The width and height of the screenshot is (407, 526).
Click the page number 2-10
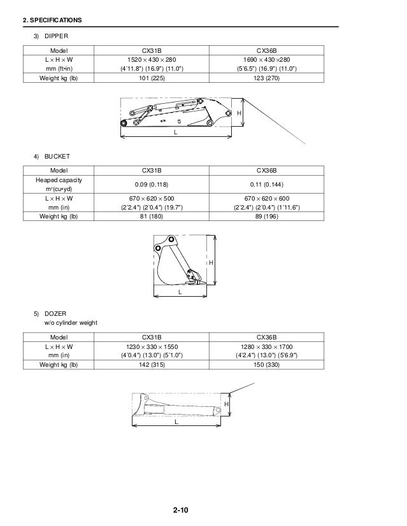(180, 510)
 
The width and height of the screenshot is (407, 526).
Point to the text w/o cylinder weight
(70, 323)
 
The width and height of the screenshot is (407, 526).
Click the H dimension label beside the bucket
(210, 263)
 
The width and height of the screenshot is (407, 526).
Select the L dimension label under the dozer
(176, 421)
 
